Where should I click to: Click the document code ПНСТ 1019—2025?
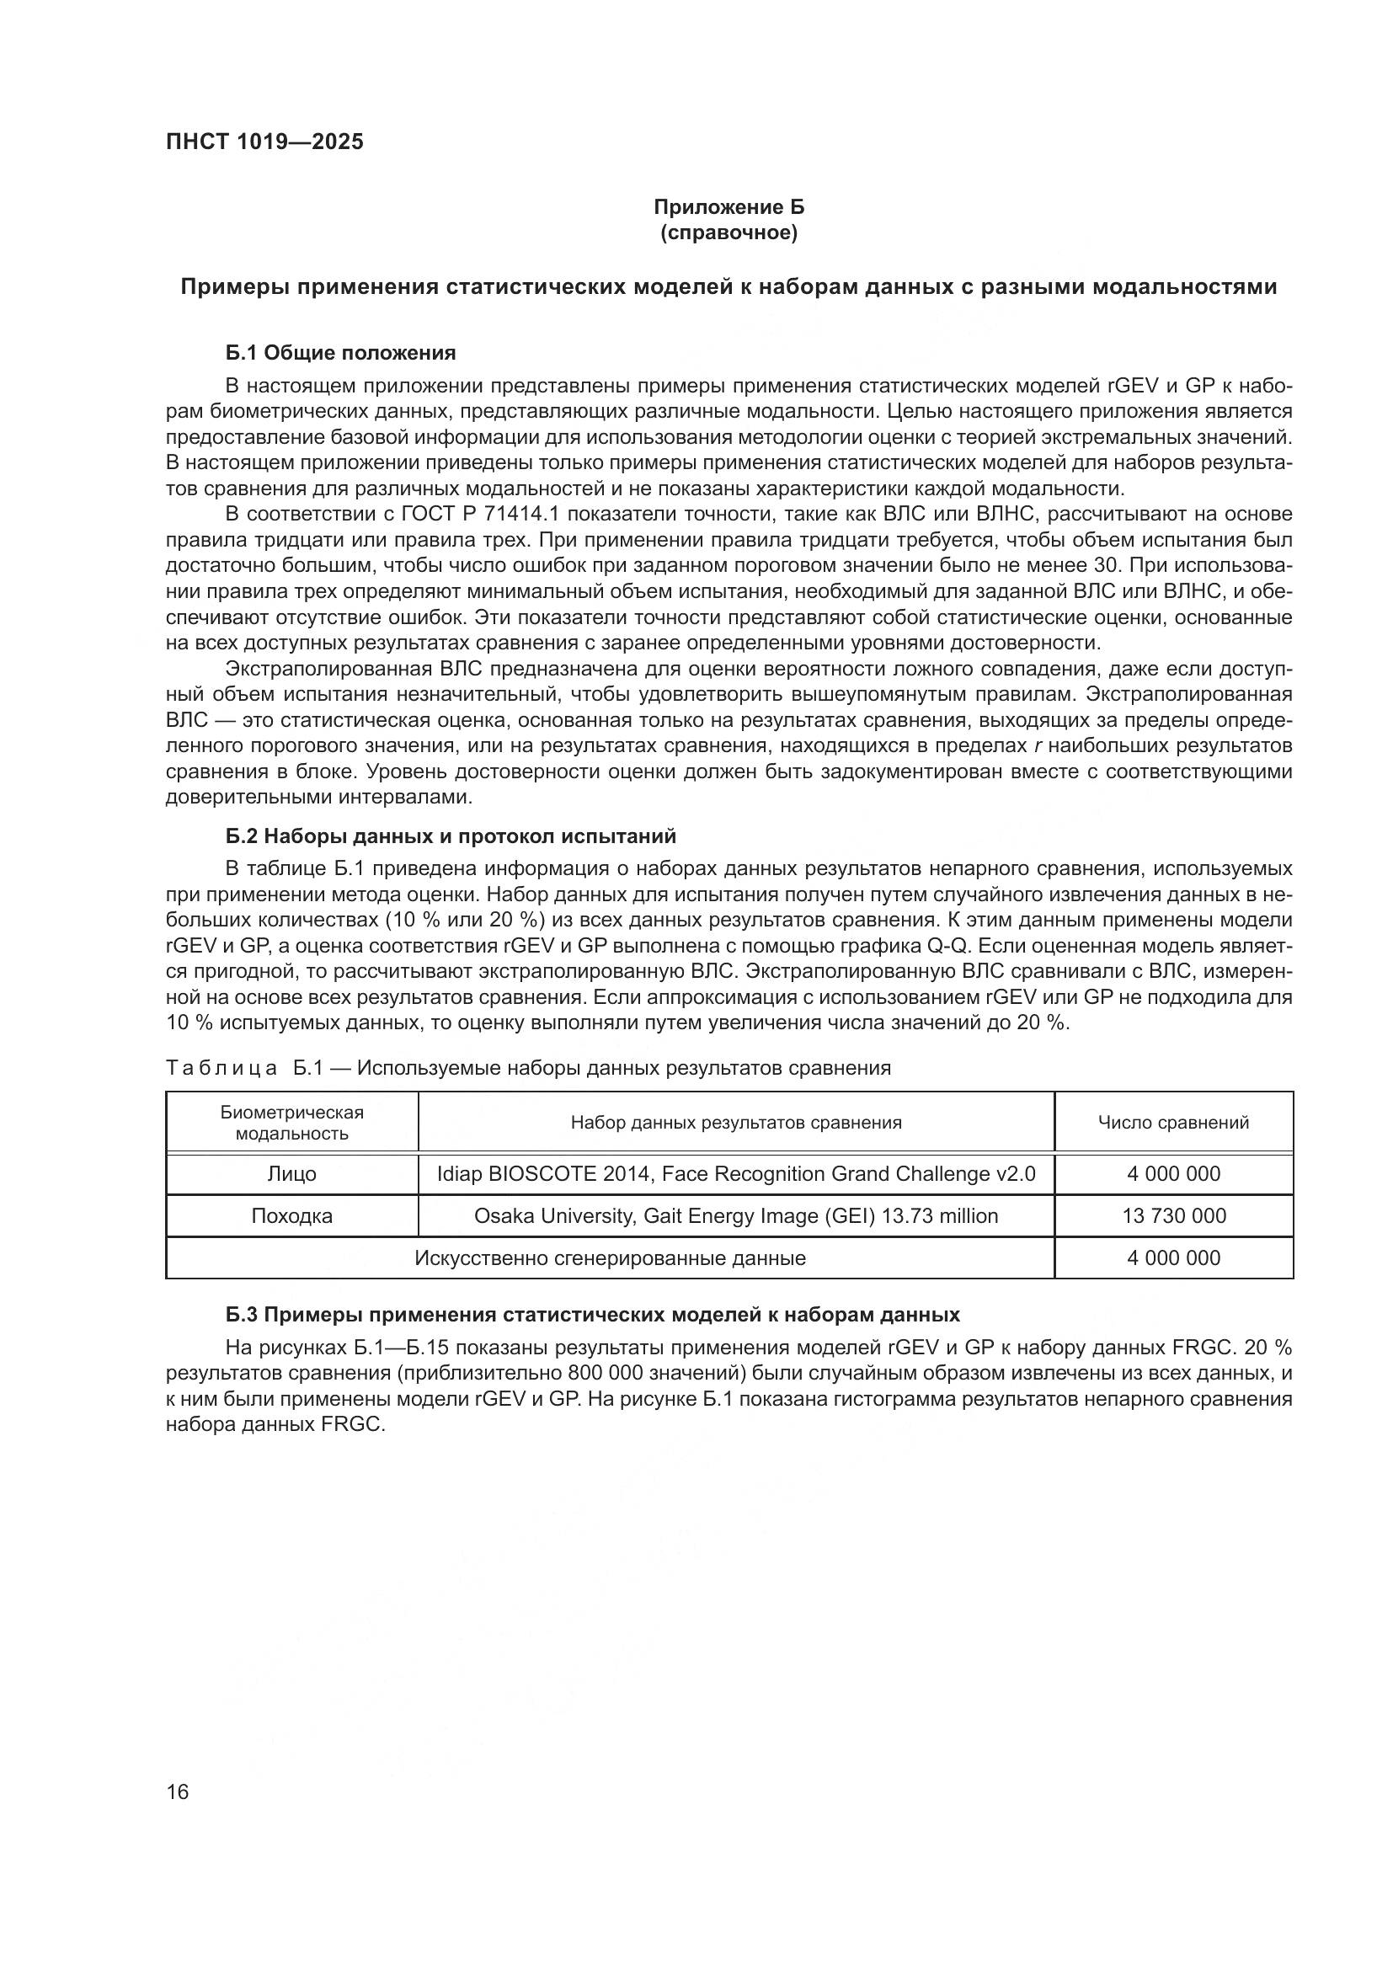264,141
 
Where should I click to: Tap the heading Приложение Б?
729,207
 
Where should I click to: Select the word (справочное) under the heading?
729,233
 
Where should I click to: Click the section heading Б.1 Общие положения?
340,353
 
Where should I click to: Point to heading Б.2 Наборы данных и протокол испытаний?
451,836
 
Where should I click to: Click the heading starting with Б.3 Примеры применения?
593,1316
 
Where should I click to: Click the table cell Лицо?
291,1174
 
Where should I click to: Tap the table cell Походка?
291,1216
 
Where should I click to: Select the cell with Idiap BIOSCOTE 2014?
736,1174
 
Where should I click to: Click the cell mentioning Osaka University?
736,1216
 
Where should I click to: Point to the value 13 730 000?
1173,1216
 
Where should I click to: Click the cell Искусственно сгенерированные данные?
610,1257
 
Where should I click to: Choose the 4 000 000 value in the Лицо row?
1173,1174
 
